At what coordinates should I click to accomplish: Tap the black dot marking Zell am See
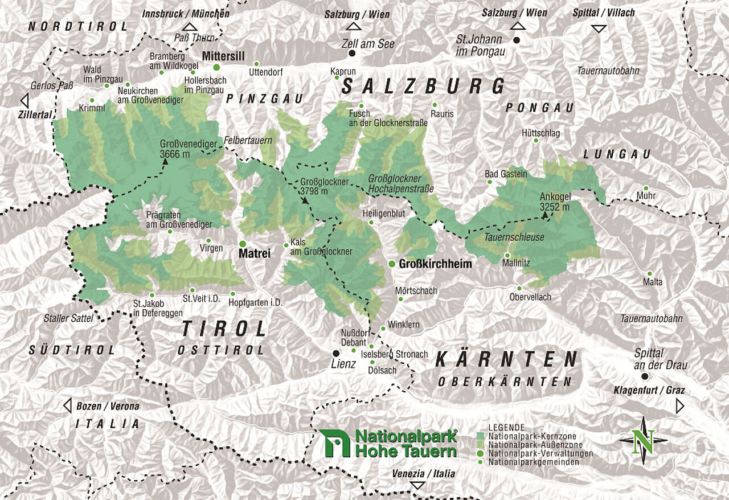(x=352, y=54)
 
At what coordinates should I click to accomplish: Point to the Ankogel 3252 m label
(x=555, y=202)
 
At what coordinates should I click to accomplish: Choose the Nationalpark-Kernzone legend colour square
(x=480, y=436)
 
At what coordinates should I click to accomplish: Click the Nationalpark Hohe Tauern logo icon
(x=335, y=443)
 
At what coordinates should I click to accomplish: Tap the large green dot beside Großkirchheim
(x=392, y=264)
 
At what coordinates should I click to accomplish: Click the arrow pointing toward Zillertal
(x=24, y=101)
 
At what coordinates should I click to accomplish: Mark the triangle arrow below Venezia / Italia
(x=419, y=485)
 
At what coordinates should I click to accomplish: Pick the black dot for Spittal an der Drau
(x=644, y=376)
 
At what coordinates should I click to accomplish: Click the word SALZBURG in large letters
(x=423, y=87)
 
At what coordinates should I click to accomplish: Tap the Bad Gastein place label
(x=506, y=173)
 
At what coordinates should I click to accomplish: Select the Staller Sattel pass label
(x=68, y=318)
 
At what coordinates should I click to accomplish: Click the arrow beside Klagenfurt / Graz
(x=679, y=405)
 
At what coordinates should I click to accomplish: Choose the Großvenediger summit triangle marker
(x=165, y=162)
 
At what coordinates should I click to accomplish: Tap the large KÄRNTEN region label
(x=506, y=359)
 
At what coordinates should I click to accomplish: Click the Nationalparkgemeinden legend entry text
(x=534, y=462)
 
